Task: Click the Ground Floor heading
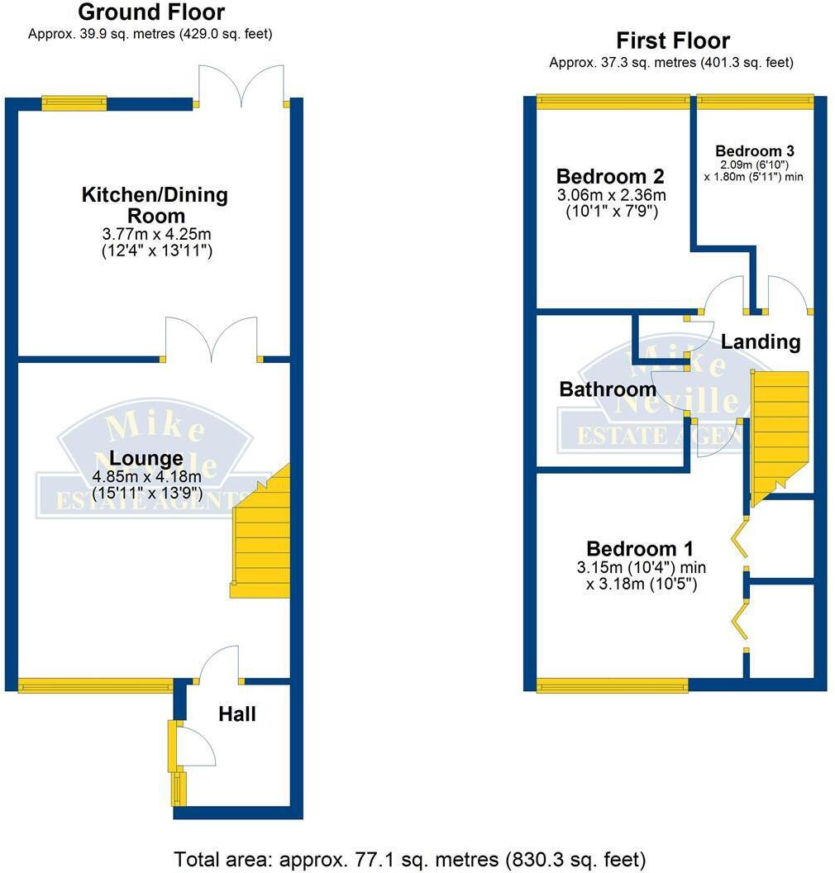pyautogui.click(x=150, y=12)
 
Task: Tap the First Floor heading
pyautogui.click(x=673, y=41)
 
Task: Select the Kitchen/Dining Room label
pyautogui.click(x=155, y=206)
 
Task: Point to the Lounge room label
pyautogui.click(x=146, y=458)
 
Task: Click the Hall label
pyautogui.click(x=237, y=714)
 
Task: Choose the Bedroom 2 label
pyautogui.click(x=610, y=176)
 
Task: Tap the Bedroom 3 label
pyautogui.click(x=755, y=151)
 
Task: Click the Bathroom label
pyautogui.click(x=608, y=389)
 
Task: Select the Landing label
pyautogui.click(x=761, y=341)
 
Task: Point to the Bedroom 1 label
pyautogui.click(x=640, y=549)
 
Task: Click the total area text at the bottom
pyautogui.click(x=409, y=859)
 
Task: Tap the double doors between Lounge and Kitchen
pyautogui.click(x=212, y=339)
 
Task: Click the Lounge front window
pyautogui.click(x=95, y=685)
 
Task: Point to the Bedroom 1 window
pyautogui.click(x=612, y=685)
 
